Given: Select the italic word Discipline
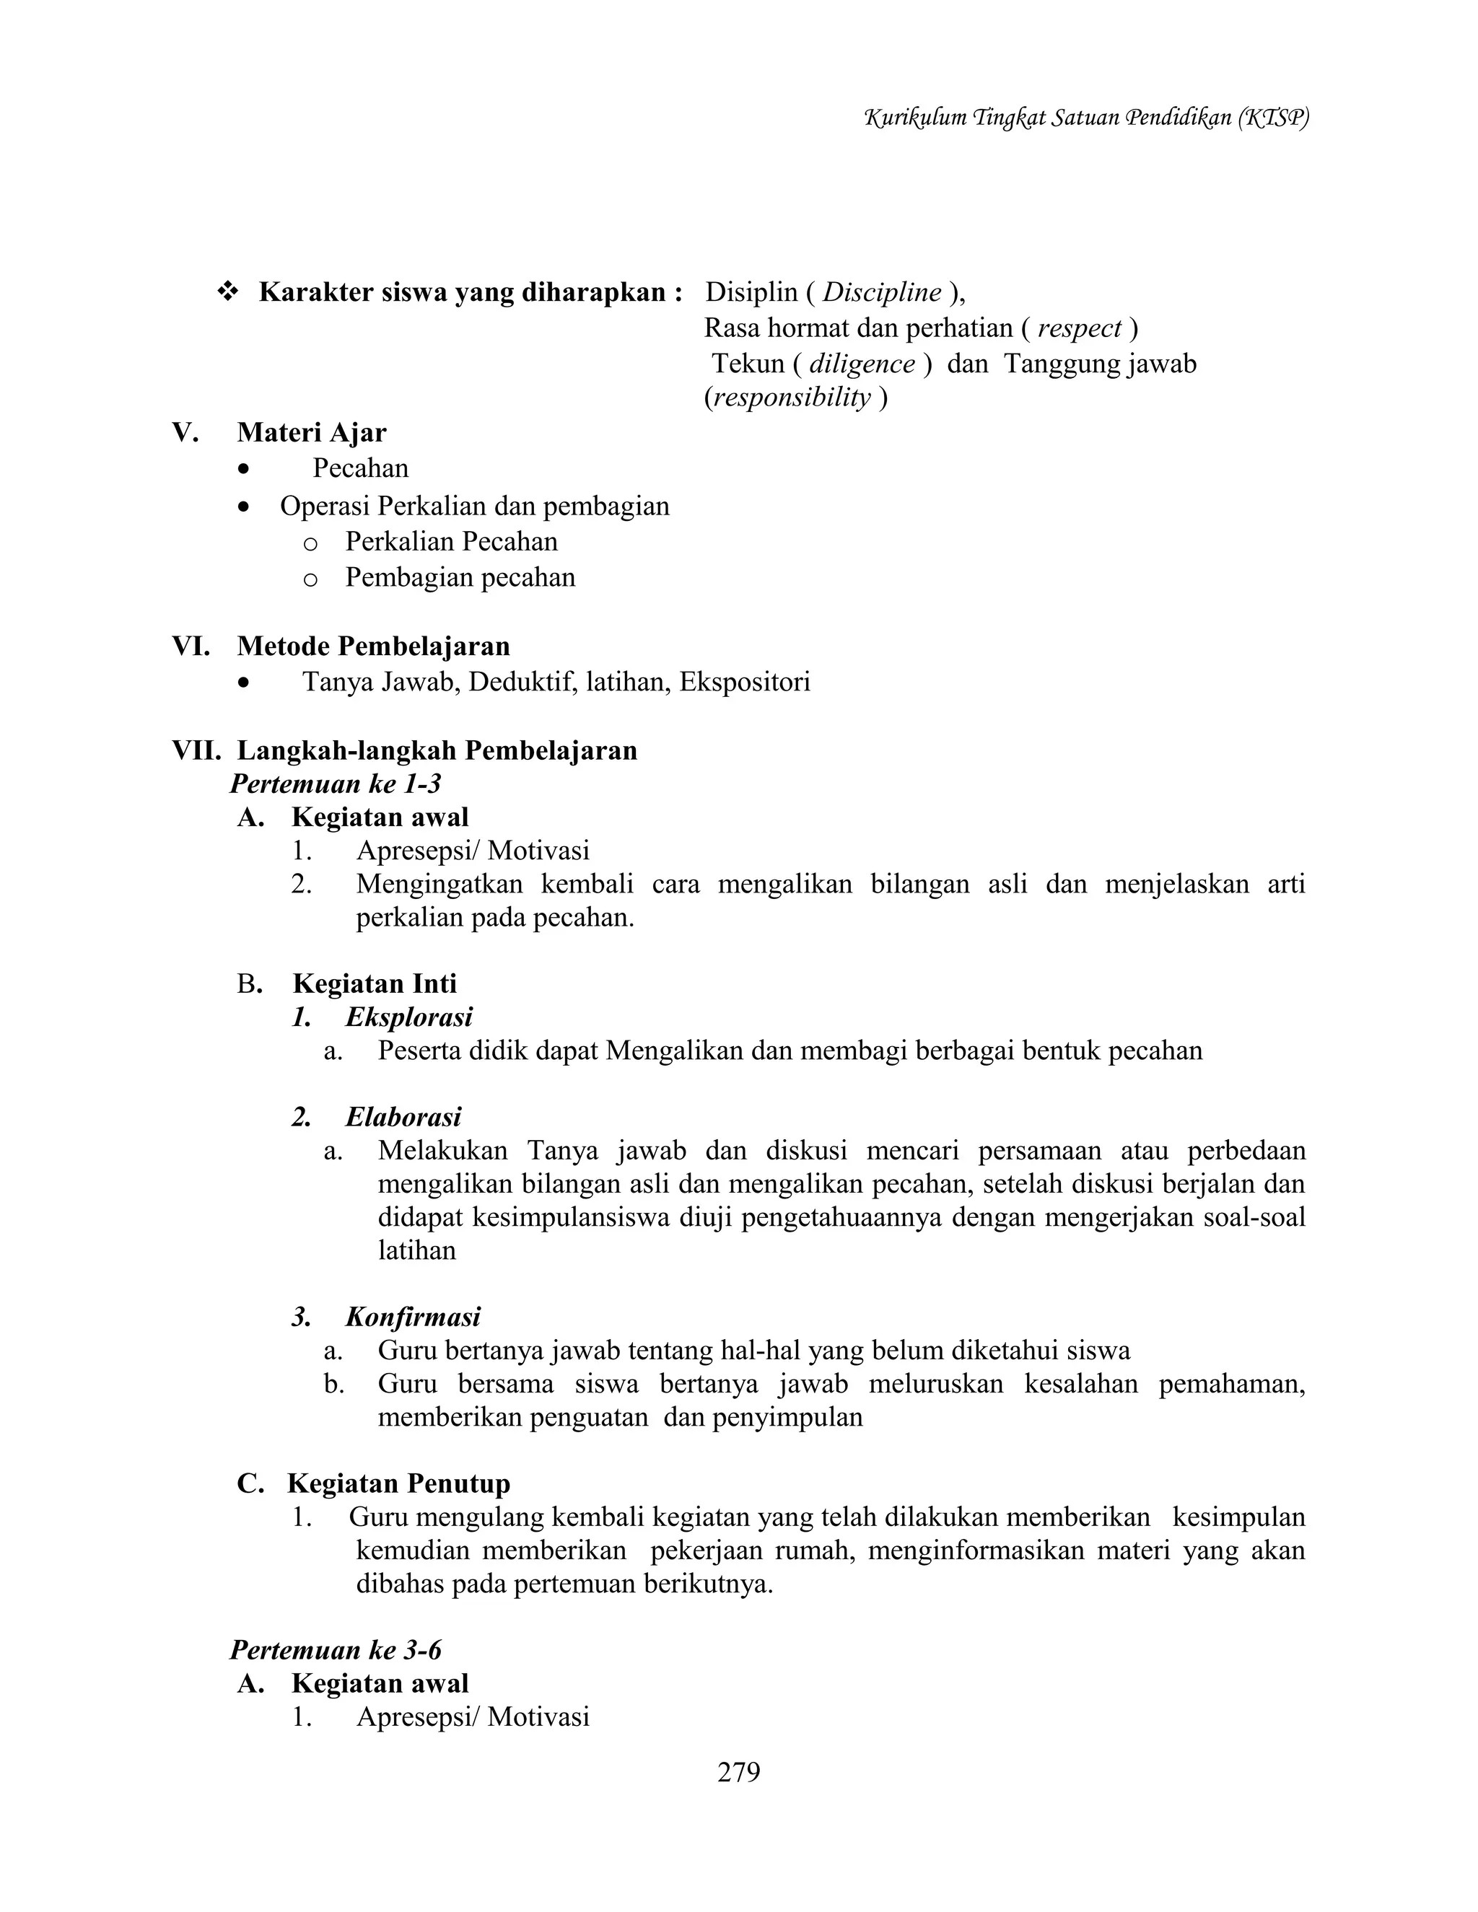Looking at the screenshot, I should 882,292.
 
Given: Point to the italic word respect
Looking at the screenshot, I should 1079,328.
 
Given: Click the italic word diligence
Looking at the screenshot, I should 862,364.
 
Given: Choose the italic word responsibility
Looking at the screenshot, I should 792,398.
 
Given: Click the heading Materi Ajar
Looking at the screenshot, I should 311,432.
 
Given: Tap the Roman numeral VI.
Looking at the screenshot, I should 190,646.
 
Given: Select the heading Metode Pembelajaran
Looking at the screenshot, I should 373,646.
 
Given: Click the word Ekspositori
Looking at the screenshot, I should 744,681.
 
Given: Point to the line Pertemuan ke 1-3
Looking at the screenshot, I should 336,783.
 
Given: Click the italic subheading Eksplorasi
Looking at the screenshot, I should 409,1017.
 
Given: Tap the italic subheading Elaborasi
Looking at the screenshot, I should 403,1117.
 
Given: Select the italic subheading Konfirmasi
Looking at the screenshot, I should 412,1317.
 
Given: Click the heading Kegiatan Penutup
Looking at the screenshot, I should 398,1483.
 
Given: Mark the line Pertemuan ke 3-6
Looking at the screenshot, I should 336,1649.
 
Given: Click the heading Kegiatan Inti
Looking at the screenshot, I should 375,983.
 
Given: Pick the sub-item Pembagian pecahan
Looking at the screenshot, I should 460,578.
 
